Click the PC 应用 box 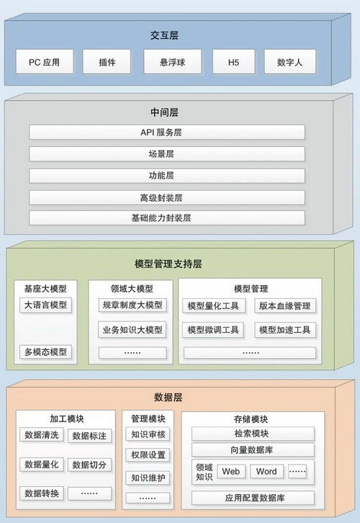[x=45, y=62]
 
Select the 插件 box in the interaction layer [x=107, y=62]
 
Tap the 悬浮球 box [x=172, y=62]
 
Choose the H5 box [x=233, y=62]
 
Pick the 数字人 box [x=289, y=62]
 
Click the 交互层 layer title [x=164, y=35]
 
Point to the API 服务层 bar [x=167, y=132]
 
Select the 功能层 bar [x=167, y=176]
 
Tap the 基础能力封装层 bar [x=167, y=218]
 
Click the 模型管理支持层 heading [x=168, y=264]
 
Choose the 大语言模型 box [x=45, y=305]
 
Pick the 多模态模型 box [x=45, y=352]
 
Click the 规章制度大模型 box [x=132, y=305]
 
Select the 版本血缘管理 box [x=285, y=306]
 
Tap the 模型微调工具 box [x=213, y=330]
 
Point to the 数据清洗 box [x=42, y=435]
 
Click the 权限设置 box [x=148, y=455]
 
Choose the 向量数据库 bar [x=253, y=450]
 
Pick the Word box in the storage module [x=266, y=471]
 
